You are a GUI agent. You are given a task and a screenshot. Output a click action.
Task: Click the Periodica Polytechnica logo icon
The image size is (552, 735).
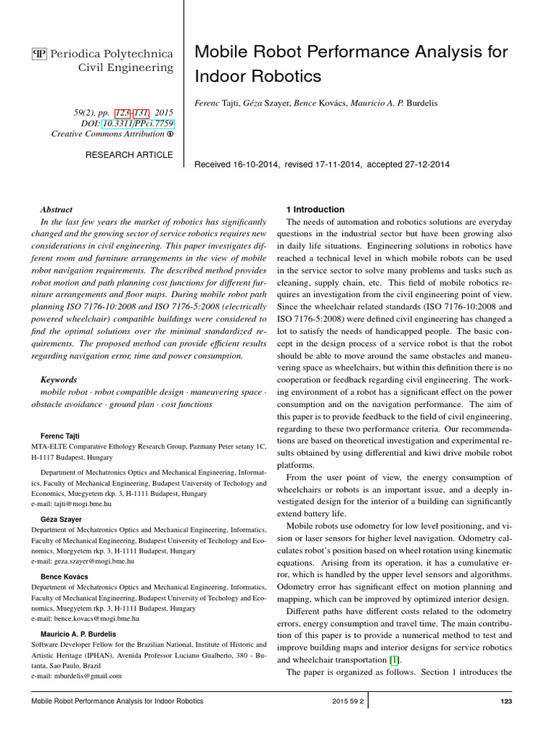39,55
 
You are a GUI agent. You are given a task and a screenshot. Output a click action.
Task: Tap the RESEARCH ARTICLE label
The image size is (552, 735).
129,154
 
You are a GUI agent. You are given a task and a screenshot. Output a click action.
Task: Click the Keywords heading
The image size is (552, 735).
59,380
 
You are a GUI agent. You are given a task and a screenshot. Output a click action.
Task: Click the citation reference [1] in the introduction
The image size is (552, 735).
394,660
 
